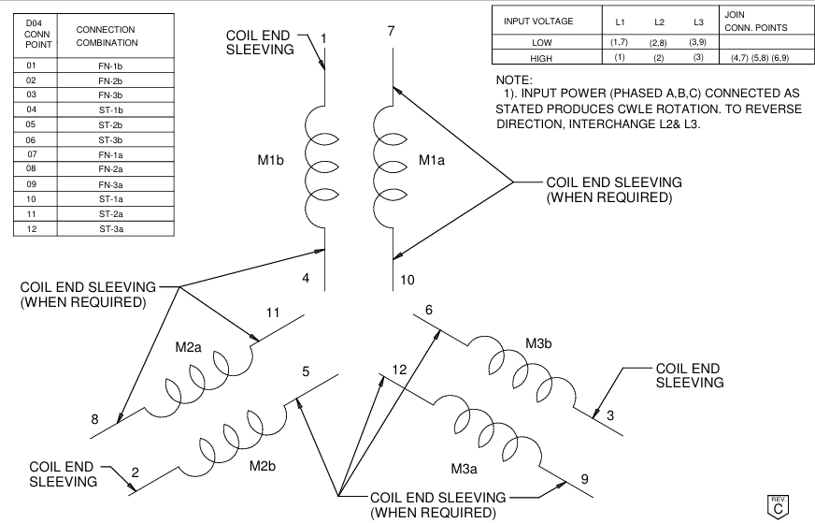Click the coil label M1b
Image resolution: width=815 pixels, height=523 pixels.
coord(271,160)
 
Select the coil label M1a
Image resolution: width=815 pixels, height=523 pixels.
coord(432,160)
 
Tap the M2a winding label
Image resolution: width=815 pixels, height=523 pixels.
coord(189,347)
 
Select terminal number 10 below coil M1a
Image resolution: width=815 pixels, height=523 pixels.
coord(407,280)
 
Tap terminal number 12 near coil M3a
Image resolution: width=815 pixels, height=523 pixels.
coord(398,370)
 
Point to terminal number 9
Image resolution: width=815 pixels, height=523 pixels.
coord(584,479)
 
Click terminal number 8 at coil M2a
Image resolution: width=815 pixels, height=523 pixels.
coord(94,419)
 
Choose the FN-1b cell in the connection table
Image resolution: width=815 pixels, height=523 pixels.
coord(112,65)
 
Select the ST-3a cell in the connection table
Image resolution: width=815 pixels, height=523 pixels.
coord(112,227)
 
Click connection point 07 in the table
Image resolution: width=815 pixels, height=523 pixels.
coord(32,153)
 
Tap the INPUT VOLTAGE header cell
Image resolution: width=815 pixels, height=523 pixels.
coord(538,21)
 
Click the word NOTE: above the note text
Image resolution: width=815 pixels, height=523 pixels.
coord(513,80)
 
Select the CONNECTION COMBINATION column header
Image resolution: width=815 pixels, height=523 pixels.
coord(106,36)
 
